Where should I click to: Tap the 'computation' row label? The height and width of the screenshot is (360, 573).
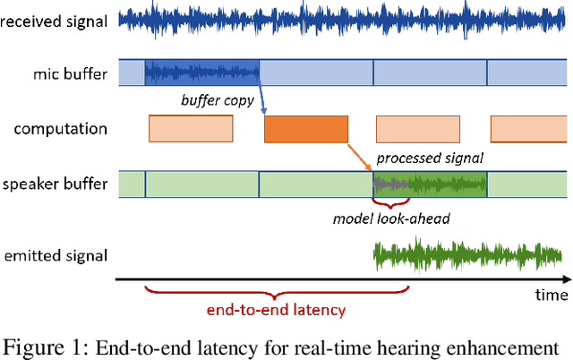click(61, 129)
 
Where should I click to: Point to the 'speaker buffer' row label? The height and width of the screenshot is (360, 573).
click(56, 185)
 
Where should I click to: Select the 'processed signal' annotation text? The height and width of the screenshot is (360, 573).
click(430, 159)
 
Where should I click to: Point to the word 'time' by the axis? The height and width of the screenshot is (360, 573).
click(552, 295)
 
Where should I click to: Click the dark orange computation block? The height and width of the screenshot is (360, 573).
click(306, 130)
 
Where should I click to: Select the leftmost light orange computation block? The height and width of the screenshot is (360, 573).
click(191, 130)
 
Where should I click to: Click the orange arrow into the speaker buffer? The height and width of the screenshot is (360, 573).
click(359, 158)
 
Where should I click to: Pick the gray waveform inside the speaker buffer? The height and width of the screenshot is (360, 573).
click(390, 184)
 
